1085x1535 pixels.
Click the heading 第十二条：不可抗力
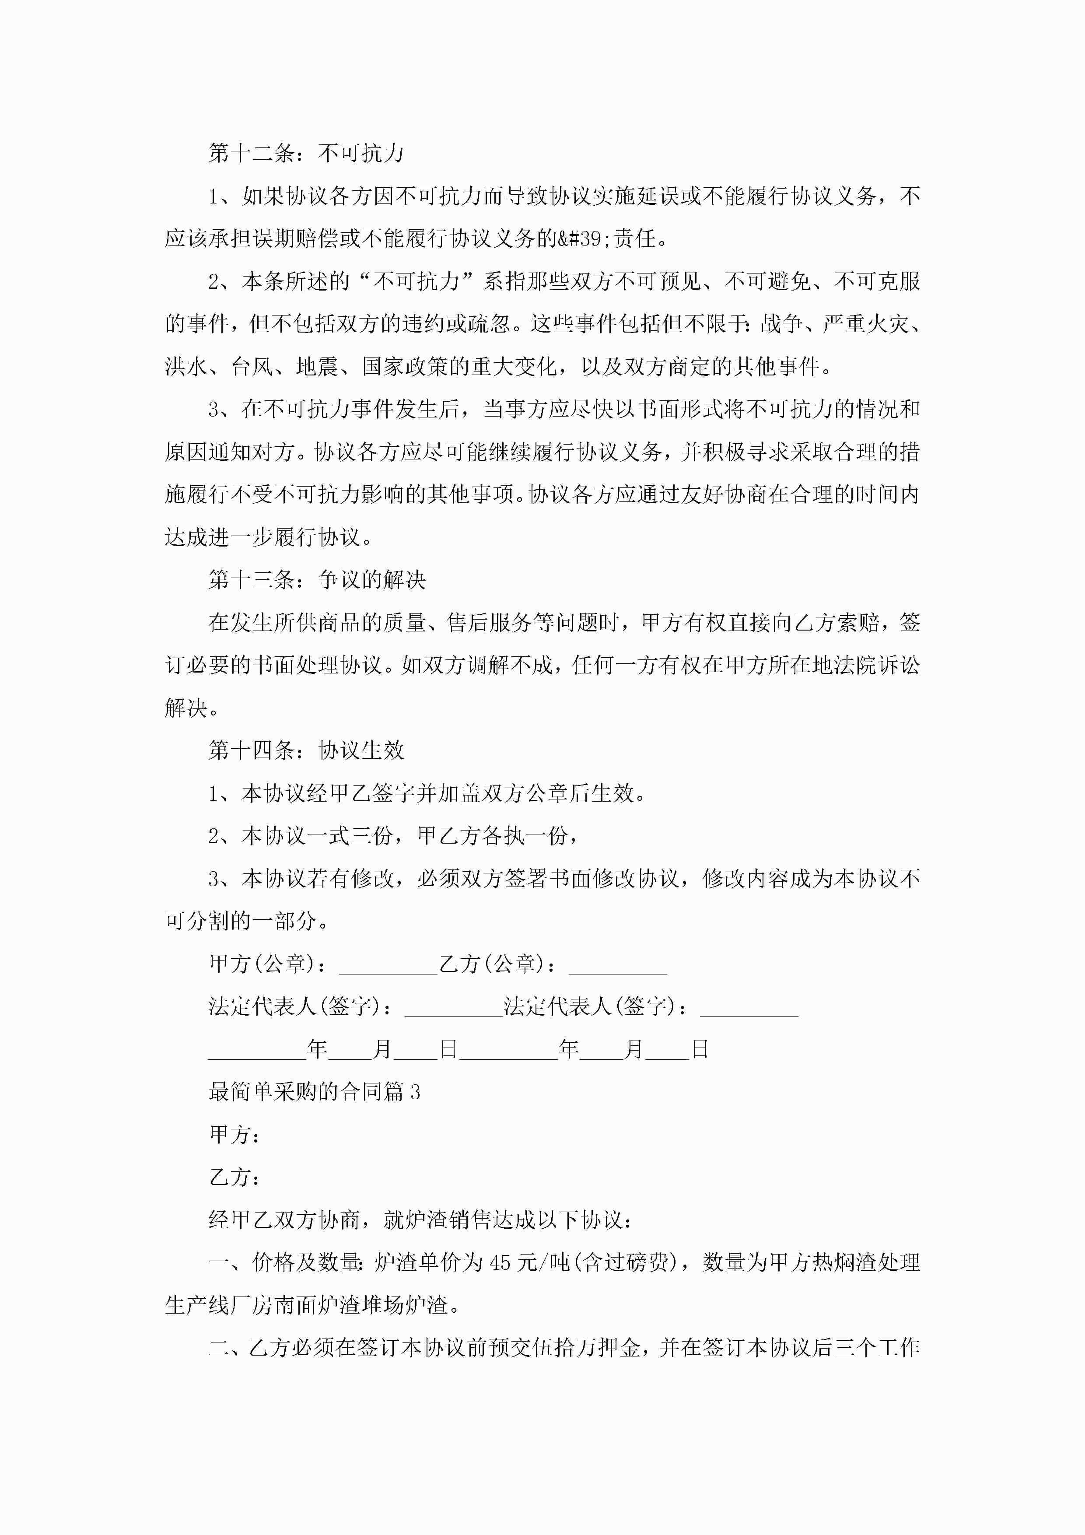click(306, 153)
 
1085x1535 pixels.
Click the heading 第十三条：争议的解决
click(317, 580)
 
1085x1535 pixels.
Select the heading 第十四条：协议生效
click(306, 751)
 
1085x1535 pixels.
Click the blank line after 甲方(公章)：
click(388, 965)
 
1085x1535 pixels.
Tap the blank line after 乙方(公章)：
click(618, 965)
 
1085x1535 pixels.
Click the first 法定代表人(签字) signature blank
click(453, 1008)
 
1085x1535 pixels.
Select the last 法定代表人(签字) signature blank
click(749, 1008)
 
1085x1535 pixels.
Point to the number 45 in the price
click(500, 1263)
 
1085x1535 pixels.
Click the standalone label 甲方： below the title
click(234, 1135)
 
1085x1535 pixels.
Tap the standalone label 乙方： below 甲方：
click(234, 1178)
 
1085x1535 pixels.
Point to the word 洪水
click(186, 366)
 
